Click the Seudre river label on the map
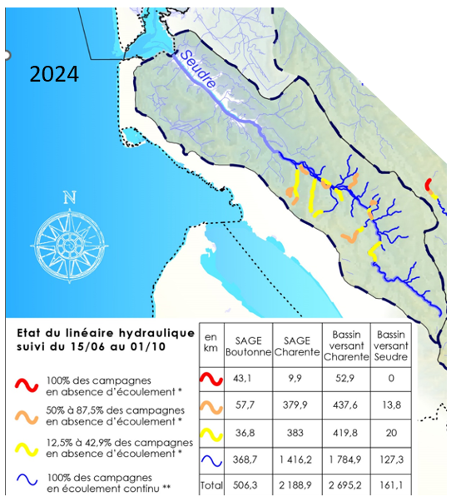coord(199,69)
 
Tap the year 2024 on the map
coord(54,74)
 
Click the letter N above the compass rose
coord(70,197)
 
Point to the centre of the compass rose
coord(70,246)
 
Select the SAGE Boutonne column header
coord(248,346)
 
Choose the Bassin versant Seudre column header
coord(391,345)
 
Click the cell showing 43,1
coord(242,378)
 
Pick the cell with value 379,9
coord(295,405)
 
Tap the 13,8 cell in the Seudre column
coord(391,405)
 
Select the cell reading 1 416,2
coord(295,460)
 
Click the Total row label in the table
coord(211,485)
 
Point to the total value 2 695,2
coord(344,485)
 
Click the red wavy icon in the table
coord(211,379)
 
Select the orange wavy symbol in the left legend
coord(27,417)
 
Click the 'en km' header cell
coord(211,342)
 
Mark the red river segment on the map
coord(429,185)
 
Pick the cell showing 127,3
coord(391,460)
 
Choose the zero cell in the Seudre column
coord(391,378)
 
